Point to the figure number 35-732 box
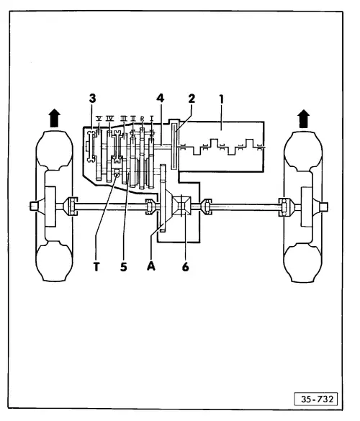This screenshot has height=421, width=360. pyautogui.click(x=318, y=397)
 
